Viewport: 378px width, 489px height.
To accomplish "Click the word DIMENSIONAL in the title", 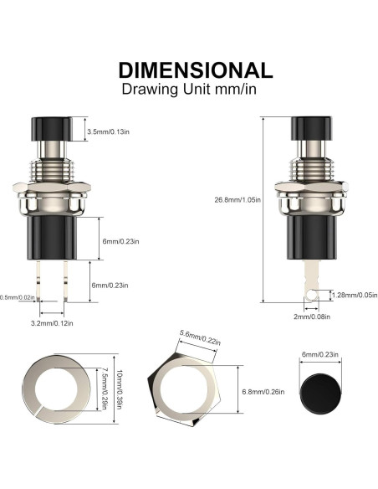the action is coord(196,70).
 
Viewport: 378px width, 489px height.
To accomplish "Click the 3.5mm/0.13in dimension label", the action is coord(108,131).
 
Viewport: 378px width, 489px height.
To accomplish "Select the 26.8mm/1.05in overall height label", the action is coord(238,200).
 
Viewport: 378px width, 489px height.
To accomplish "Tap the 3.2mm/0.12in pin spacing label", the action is coord(52,323).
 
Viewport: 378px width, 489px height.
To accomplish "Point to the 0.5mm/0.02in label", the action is coord(17,297).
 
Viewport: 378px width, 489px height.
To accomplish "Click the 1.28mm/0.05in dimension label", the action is coord(355,295).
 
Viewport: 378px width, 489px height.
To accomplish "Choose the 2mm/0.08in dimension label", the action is coord(312,317).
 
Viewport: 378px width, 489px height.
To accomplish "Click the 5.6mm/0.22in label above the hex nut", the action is coord(200,338).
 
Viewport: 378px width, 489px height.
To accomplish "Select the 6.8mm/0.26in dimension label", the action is coord(263,392).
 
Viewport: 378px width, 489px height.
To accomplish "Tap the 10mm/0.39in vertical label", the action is coord(118,390).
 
